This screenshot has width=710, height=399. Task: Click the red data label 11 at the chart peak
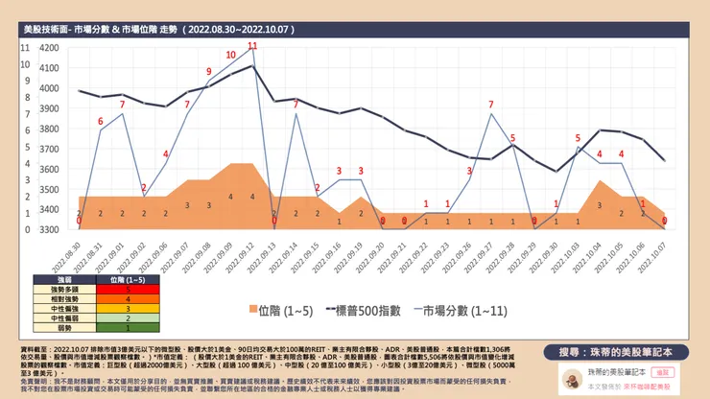(252, 46)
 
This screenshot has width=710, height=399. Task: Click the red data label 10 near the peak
(230, 55)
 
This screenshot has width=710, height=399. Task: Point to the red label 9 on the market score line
(208, 71)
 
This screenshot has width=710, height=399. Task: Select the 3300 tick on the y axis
(47, 229)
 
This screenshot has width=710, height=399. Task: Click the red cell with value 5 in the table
(128, 288)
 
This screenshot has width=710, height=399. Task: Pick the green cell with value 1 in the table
(128, 328)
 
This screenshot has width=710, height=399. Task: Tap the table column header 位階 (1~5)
(128, 278)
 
